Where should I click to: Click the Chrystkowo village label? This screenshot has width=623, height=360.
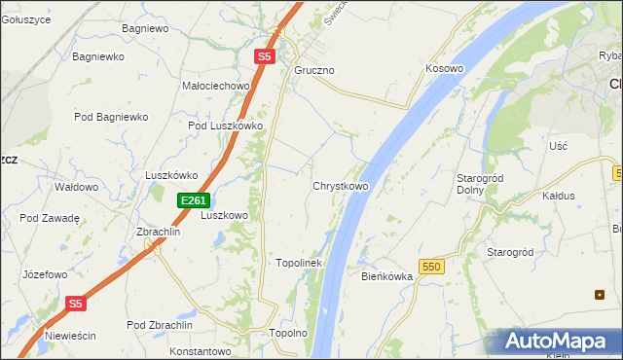coord(340,186)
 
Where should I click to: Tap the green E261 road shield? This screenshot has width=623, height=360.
coord(193,200)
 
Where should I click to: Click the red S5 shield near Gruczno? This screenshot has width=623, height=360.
coord(265,57)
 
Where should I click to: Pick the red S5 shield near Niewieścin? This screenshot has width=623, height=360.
coord(77,304)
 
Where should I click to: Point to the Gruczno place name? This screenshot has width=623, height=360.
coord(314,71)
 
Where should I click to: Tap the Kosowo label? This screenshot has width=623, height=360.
coord(444,69)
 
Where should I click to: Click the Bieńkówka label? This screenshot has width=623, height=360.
coord(387,276)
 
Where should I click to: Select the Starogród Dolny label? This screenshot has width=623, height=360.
coord(478,184)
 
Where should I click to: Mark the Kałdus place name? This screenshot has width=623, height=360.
coord(559,196)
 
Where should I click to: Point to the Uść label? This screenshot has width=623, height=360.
coord(558,145)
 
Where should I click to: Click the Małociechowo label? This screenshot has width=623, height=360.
coord(216,86)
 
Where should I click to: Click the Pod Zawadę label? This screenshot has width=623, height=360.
coord(49,218)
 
